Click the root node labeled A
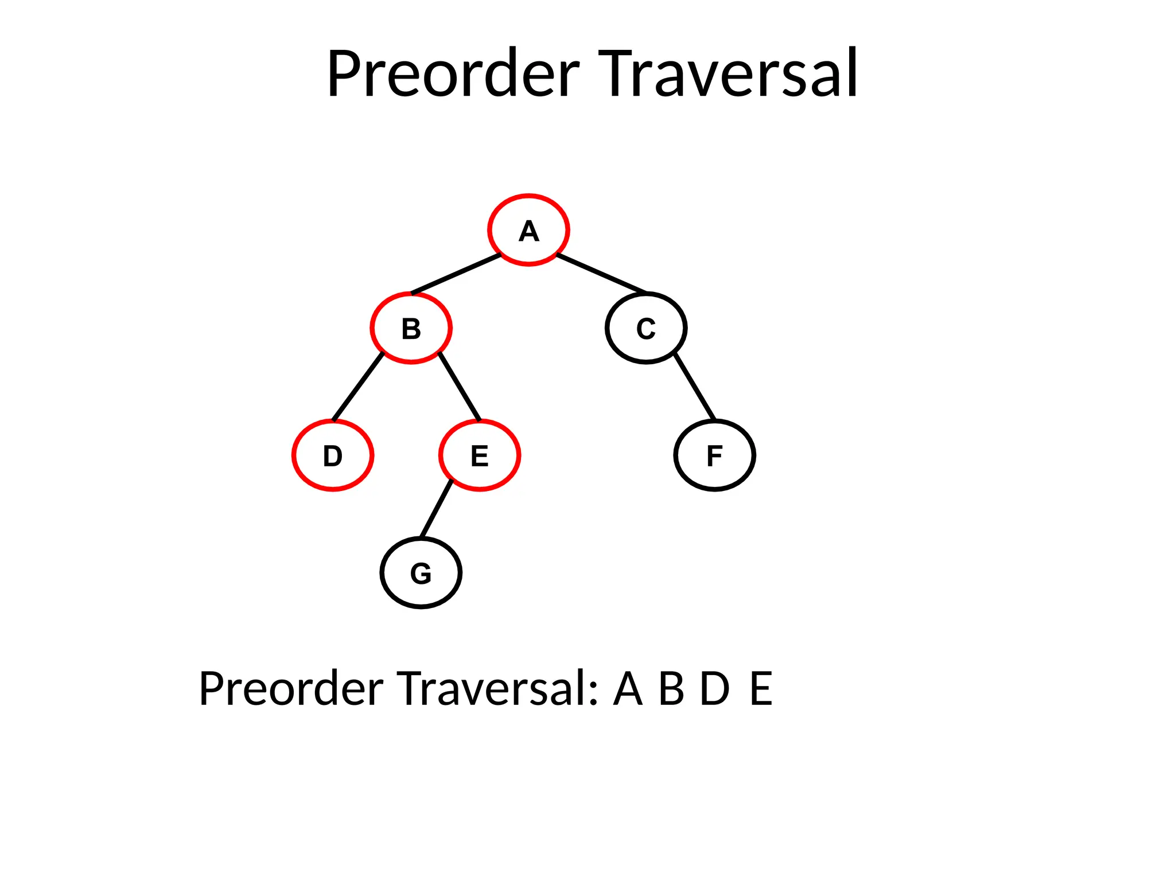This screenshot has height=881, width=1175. (528, 230)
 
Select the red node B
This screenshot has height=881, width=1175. (411, 328)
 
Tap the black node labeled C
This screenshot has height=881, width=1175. (645, 328)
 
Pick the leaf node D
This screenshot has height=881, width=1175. (333, 455)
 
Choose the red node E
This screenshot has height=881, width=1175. (480, 455)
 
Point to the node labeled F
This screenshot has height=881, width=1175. (714, 455)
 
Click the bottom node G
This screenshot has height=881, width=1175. (421, 573)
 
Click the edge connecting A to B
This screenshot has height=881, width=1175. (456, 274)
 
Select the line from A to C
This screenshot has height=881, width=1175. (601, 274)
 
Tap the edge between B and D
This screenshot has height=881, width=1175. (358, 387)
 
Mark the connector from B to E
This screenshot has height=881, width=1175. (460, 387)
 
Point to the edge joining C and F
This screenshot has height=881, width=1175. (695, 387)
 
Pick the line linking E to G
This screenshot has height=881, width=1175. (436, 509)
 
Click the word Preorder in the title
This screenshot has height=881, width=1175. (453, 75)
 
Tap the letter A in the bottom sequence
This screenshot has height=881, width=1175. (628, 688)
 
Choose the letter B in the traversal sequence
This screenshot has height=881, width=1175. (671, 688)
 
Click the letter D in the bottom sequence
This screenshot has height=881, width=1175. (715, 688)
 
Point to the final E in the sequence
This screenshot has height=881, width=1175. (761, 688)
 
